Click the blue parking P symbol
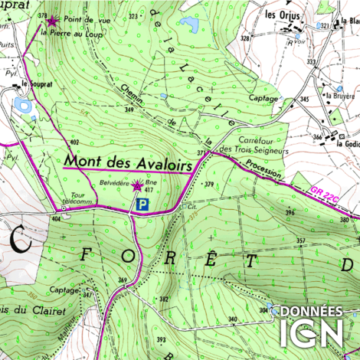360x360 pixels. coord(142,205)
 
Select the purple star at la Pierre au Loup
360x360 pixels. coord(52,22)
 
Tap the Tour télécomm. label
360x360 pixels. coord(81,198)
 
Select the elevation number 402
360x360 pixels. coord(74,142)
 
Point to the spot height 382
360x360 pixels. coord(163,299)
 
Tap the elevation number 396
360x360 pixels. coord(290,212)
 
